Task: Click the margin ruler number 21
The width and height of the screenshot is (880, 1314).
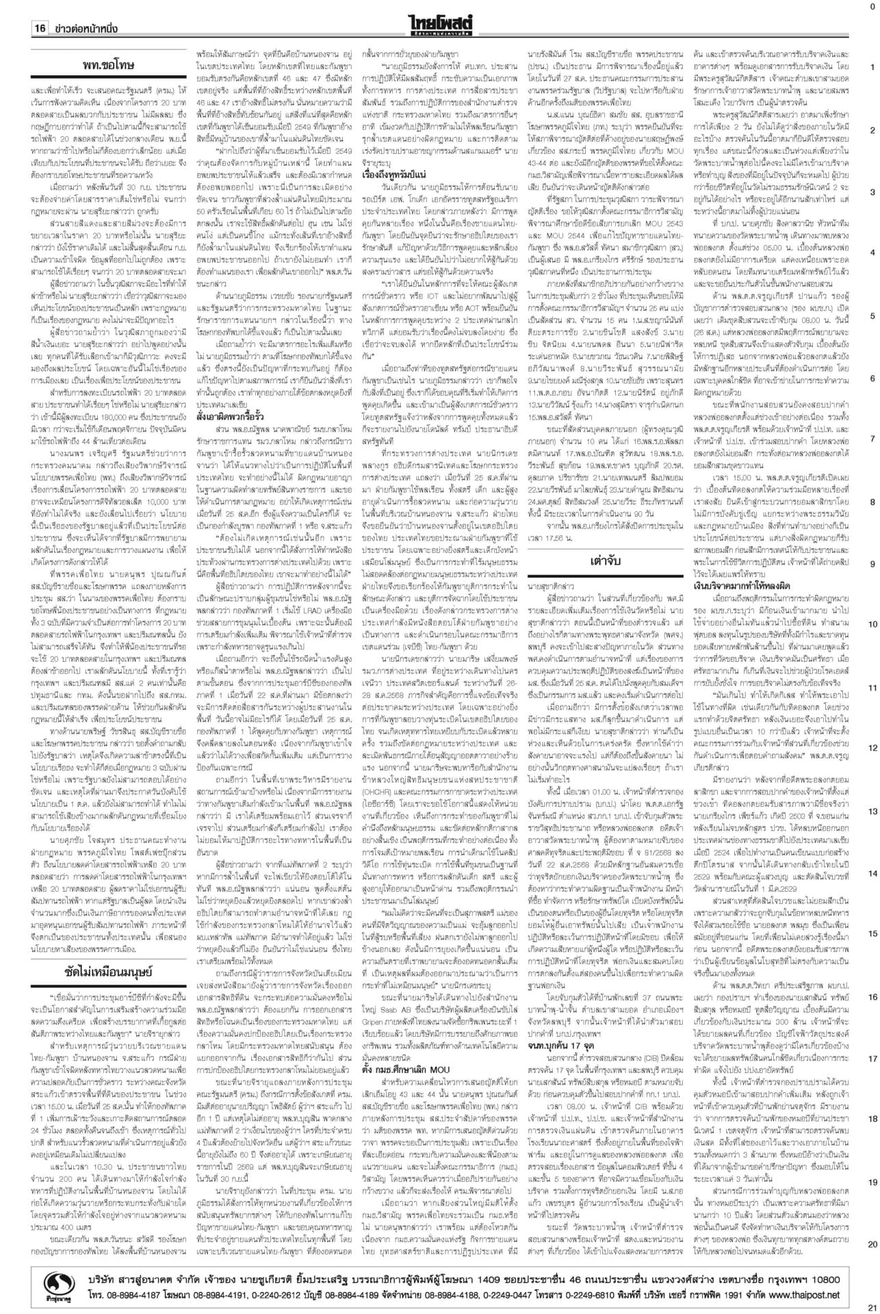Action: point(872,1306)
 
